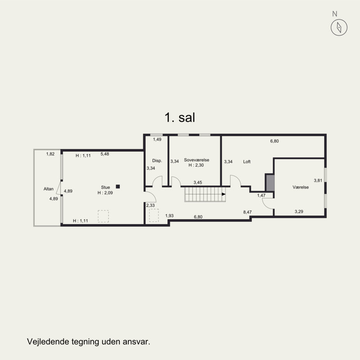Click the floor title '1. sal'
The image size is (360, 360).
coord(180,117)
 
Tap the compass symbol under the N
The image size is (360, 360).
coord(339,27)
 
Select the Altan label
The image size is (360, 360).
coord(49,189)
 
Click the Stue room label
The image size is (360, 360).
coord(105,187)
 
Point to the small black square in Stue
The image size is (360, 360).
coord(118,187)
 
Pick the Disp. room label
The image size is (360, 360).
coord(157,161)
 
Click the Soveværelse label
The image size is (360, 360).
coord(197,160)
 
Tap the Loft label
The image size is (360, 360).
coord(247,162)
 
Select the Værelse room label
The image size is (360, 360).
coord(301,187)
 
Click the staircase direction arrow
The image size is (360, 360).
coord(224,194)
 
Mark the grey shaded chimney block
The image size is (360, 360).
coord(270,183)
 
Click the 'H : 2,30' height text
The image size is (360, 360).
coord(196,165)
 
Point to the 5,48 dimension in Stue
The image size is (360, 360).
coord(105,154)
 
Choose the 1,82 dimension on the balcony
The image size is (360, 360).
coord(50,154)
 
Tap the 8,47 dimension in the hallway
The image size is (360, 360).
coord(247,212)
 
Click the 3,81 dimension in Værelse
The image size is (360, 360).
coord(318,180)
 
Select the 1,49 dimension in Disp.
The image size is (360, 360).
coord(157,139)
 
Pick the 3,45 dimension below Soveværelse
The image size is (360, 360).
coord(198,183)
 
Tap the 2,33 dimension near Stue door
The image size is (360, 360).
coord(150,206)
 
